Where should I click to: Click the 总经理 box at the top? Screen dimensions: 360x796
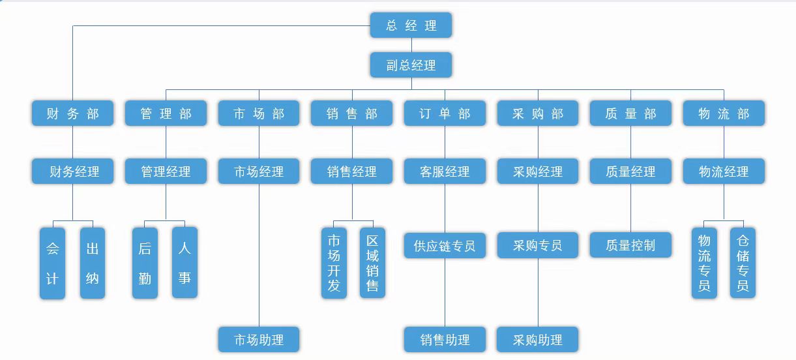(x=411, y=25)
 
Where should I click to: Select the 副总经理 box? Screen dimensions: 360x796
(x=411, y=65)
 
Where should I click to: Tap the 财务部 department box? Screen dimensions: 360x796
(x=72, y=113)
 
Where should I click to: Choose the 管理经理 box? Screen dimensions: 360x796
(x=166, y=172)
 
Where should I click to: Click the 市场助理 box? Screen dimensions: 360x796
(x=259, y=340)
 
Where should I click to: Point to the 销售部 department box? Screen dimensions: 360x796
(x=352, y=113)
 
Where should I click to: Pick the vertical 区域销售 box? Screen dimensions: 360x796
(x=372, y=263)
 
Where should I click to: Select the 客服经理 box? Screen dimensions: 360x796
(x=445, y=172)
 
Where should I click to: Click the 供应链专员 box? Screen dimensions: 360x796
(x=445, y=246)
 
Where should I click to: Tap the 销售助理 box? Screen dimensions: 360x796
(x=445, y=340)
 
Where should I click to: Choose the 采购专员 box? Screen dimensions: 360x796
(x=537, y=246)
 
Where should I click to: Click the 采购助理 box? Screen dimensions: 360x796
(x=537, y=340)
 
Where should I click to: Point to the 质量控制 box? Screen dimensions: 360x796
(x=630, y=246)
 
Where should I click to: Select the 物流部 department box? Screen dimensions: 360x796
(x=724, y=113)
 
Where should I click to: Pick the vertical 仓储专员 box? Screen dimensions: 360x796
(x=743, y=263)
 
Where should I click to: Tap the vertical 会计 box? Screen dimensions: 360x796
(x=52, y=263)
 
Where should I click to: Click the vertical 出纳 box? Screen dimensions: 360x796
(x=93, y=263)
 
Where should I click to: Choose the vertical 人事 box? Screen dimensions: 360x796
(x=184, y=263)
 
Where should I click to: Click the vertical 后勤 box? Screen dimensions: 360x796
(x=145, y=263)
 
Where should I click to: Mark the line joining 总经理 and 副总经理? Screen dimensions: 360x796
(x=411, y=45)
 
